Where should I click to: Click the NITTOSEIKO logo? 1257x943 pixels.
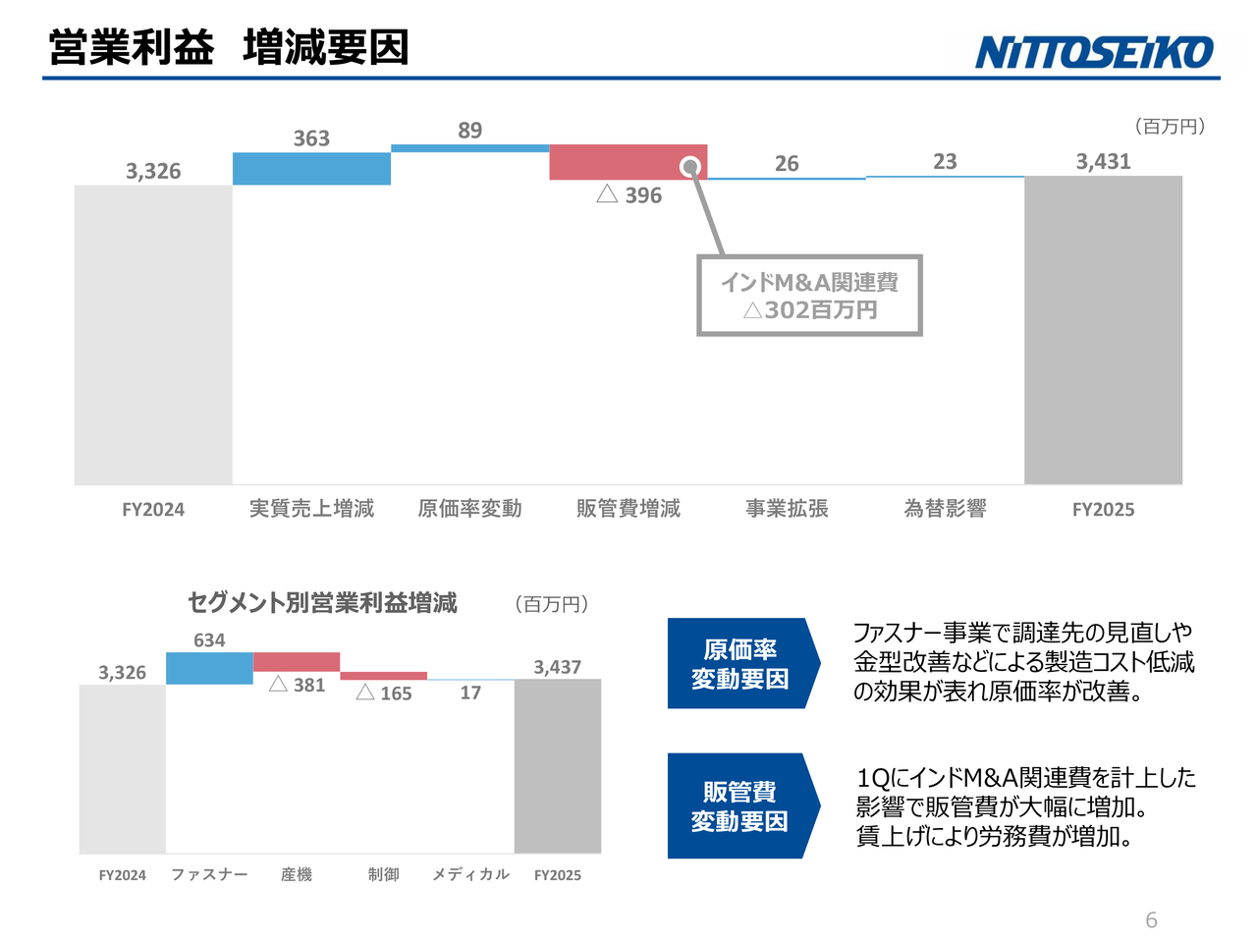click(x=1094, y=52)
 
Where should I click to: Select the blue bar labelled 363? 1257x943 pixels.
click(x=311, y=168)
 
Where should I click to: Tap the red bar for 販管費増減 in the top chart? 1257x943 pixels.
click(x=619, y=162)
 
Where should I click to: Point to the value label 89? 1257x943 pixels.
click(x=469, y=131)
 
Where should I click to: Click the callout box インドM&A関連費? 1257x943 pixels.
click(x=809, y=296)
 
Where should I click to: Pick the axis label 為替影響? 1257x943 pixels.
click(x=945, y=509)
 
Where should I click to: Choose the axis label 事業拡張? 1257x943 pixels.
click(x=787, y=509)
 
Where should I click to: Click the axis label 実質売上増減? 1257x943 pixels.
click(x=311, y=509)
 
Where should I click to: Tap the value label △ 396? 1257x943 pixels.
click(x=629, y=195)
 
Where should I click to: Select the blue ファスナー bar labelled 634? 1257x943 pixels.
click(x=209, y=668)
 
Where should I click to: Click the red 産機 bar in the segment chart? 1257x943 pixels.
click(x=297, y=662)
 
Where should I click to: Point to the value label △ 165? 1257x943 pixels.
click(x=384, y=693)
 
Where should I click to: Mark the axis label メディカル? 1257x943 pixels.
click(x=470, y=874)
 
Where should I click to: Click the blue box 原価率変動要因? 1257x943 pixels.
click(x=740, y=664)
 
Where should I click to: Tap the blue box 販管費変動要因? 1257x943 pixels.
click(x=740, y=806)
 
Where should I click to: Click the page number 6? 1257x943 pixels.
click(x=1151, y=920)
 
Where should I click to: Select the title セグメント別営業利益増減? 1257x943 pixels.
click(x=322, y=602)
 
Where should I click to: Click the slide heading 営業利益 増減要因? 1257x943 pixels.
click(x=228, y=47)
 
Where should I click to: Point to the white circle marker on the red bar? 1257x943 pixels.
click(x=690, y=166)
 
